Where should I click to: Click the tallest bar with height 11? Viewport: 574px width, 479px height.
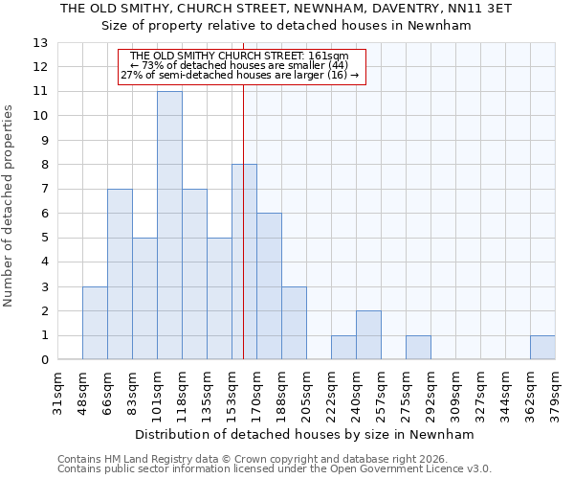pos(169,225)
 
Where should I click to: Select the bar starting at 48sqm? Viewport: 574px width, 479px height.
pos(95,323)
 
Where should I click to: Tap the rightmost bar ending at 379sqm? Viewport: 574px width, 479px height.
pos(542,348)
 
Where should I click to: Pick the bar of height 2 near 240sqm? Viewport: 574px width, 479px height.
pos(368,335)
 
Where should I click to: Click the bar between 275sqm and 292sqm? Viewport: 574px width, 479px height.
pos(418,348)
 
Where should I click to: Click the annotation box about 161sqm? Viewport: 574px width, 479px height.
pos(240,66)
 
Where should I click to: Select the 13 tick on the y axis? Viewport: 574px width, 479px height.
pos(39,43)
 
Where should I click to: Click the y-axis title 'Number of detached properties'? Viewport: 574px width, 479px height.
pos(9,206)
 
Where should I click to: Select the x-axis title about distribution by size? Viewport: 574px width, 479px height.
pos(306,434)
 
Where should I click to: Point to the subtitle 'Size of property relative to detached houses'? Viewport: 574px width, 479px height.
pos(287,26)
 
